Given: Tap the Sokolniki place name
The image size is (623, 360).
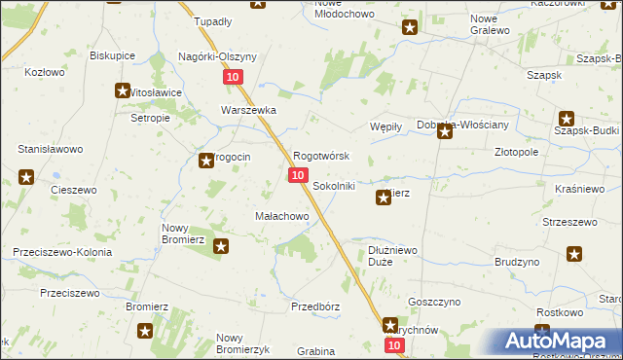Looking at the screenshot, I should (333, 185).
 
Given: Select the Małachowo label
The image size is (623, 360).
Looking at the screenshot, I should (281, 216).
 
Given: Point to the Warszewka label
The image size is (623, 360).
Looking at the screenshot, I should (249, 110).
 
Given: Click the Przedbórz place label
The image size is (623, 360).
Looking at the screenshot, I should (315, 306).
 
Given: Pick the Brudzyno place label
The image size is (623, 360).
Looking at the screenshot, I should (517, 263).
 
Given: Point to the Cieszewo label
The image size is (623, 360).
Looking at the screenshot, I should (72, 190).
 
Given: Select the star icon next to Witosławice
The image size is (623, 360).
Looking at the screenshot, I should (123, 91).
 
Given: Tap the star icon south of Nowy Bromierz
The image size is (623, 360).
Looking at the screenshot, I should (222, 247).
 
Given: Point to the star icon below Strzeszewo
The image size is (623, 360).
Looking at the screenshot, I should (575, 255).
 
